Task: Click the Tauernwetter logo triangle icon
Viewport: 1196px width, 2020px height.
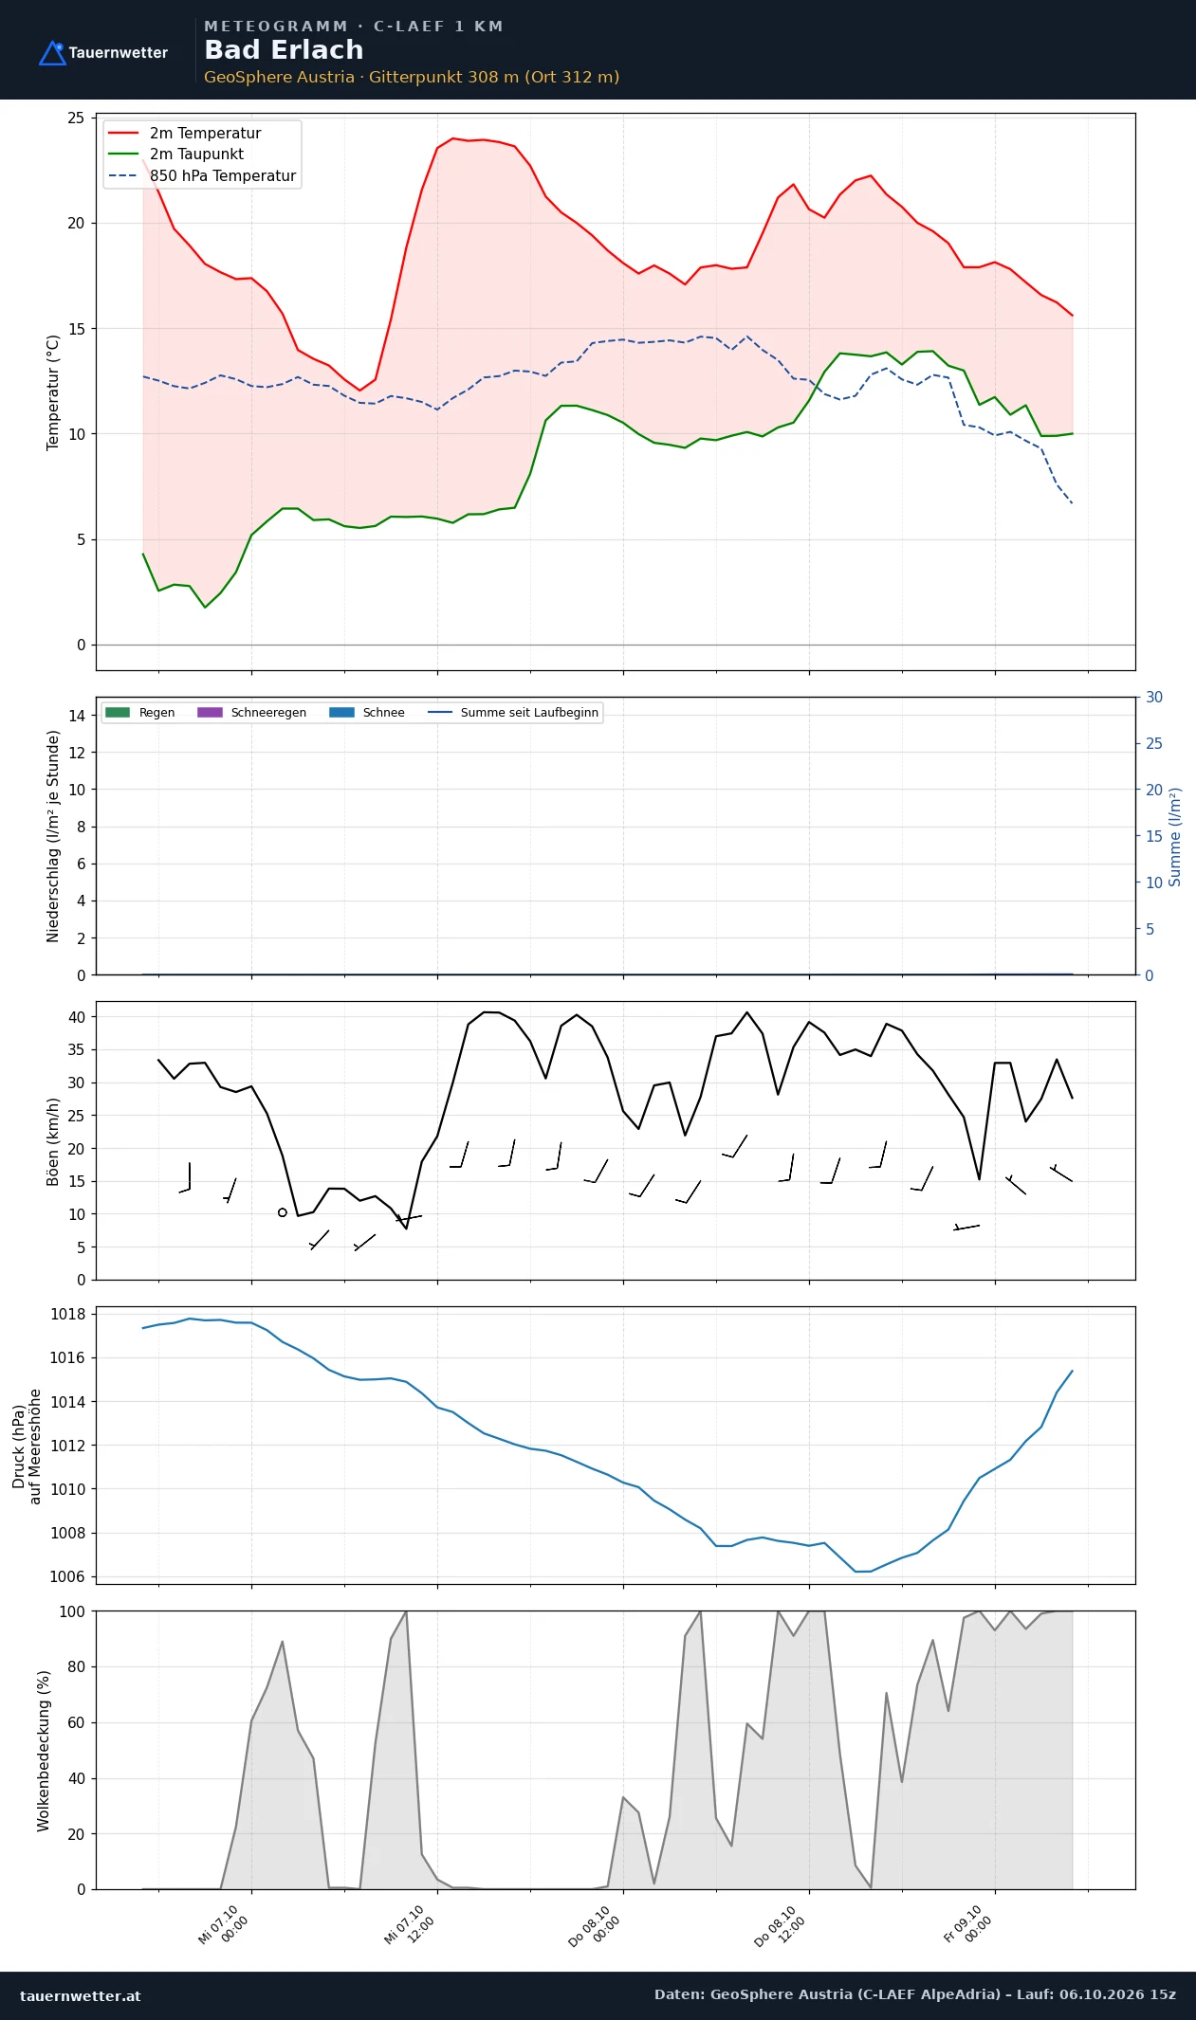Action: [x=52, y=53]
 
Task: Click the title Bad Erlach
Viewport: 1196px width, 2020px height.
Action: [x=284, y=50]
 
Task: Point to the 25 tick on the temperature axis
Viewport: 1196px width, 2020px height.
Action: [x=76, y=118]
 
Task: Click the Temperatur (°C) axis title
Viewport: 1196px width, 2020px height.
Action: [x=53, y=392]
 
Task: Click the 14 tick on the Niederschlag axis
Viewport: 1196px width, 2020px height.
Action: [x=77, y=716]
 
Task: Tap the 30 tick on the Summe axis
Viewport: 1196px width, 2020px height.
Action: [x=1154, y=697]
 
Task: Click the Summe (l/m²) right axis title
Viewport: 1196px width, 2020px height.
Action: [x=1175, y=837]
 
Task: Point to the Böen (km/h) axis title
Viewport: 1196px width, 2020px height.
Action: [x=53, y=1141]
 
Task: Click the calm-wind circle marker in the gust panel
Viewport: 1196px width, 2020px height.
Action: [x=283, y=1212]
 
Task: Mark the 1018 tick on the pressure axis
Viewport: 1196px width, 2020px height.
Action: [x=67, y=1314]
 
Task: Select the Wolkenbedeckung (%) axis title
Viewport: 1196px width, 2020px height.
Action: [x=44, y=1751]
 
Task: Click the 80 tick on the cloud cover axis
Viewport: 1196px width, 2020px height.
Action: [x=77, y=1666]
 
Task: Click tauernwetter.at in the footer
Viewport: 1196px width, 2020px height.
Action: [x=81, y=1995]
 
